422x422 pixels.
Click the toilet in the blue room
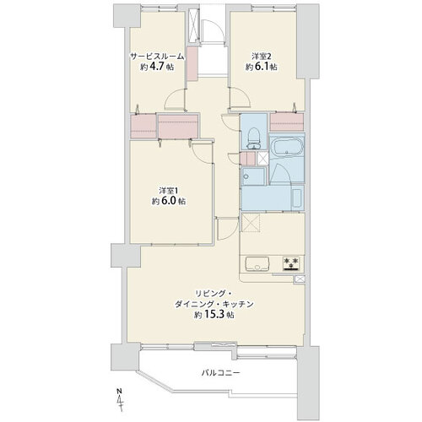(253, 138)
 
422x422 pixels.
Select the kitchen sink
(257, 263)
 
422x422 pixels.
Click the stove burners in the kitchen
(291, 263)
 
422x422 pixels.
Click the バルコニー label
(220, 373)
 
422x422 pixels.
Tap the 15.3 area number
(220, 315)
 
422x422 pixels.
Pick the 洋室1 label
(169, 191)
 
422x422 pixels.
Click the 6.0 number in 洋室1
(168, 201)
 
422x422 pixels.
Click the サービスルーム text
(157, 57)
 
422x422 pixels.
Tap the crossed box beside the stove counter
(300, 279)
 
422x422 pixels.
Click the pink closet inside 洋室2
(287, 122)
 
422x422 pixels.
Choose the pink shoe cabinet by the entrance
(192, 63)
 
